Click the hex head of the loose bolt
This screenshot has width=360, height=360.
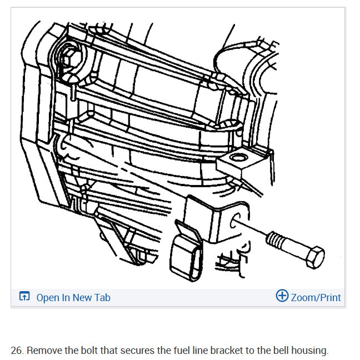316,257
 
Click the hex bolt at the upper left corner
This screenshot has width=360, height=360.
71,58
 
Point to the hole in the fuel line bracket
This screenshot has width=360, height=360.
234,221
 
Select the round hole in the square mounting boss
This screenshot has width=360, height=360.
239,158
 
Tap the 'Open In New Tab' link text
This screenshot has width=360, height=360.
73,298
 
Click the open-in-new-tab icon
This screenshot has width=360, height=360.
24,296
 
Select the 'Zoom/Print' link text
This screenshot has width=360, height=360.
316,298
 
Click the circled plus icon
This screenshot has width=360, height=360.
282,296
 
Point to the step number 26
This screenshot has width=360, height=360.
17,351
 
